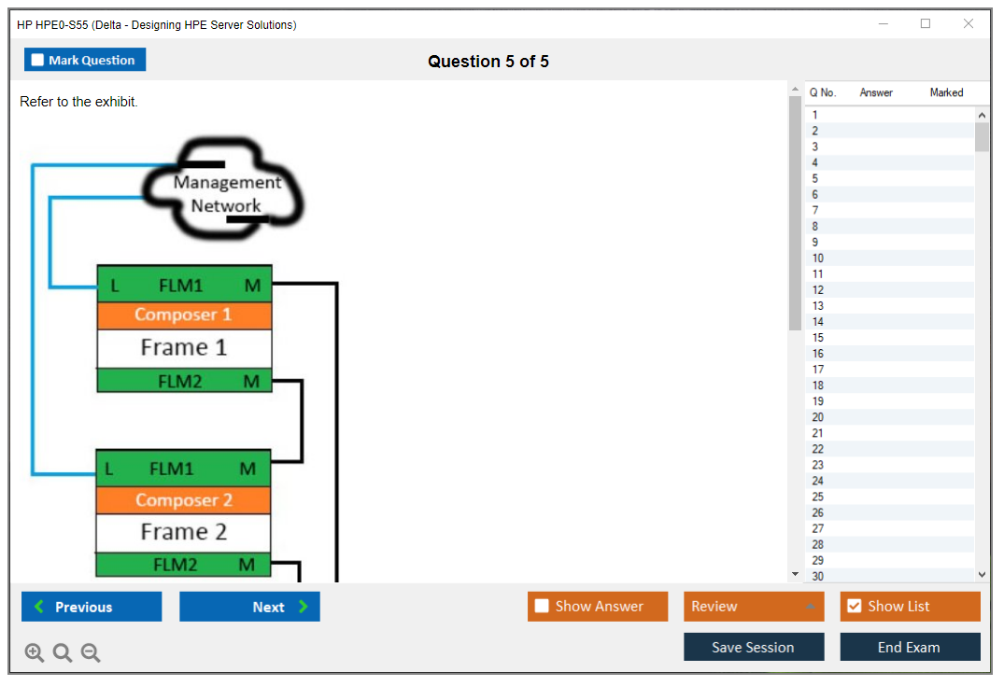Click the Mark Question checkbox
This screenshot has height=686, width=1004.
(38, 61)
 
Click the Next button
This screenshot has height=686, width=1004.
(249, 607)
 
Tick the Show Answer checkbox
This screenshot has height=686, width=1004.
(542, 607)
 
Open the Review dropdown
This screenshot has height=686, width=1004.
(753, 607)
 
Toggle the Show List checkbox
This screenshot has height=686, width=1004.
(854, 607)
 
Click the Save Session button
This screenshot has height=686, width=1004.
(753, 647)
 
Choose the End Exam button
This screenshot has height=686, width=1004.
(909, 647)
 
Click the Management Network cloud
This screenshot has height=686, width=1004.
(226, 194)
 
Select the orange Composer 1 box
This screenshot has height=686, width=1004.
(184, 315)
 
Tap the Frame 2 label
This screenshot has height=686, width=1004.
(183, 532)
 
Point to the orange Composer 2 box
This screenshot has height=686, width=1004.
(183, 500)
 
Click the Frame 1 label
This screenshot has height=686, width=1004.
(184, 348)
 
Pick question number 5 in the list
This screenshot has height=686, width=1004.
(815, 178)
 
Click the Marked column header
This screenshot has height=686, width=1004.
(946, 92)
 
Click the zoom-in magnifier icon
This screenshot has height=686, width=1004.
(35, 653)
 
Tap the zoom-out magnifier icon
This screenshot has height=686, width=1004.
(91, 653)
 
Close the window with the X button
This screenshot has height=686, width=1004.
(968, 24)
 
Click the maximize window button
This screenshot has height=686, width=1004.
(926, 24)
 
